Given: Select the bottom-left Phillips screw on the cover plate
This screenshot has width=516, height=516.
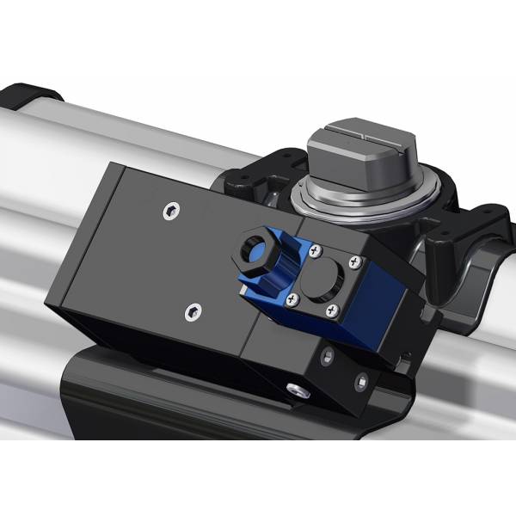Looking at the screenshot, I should coord(295,298).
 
